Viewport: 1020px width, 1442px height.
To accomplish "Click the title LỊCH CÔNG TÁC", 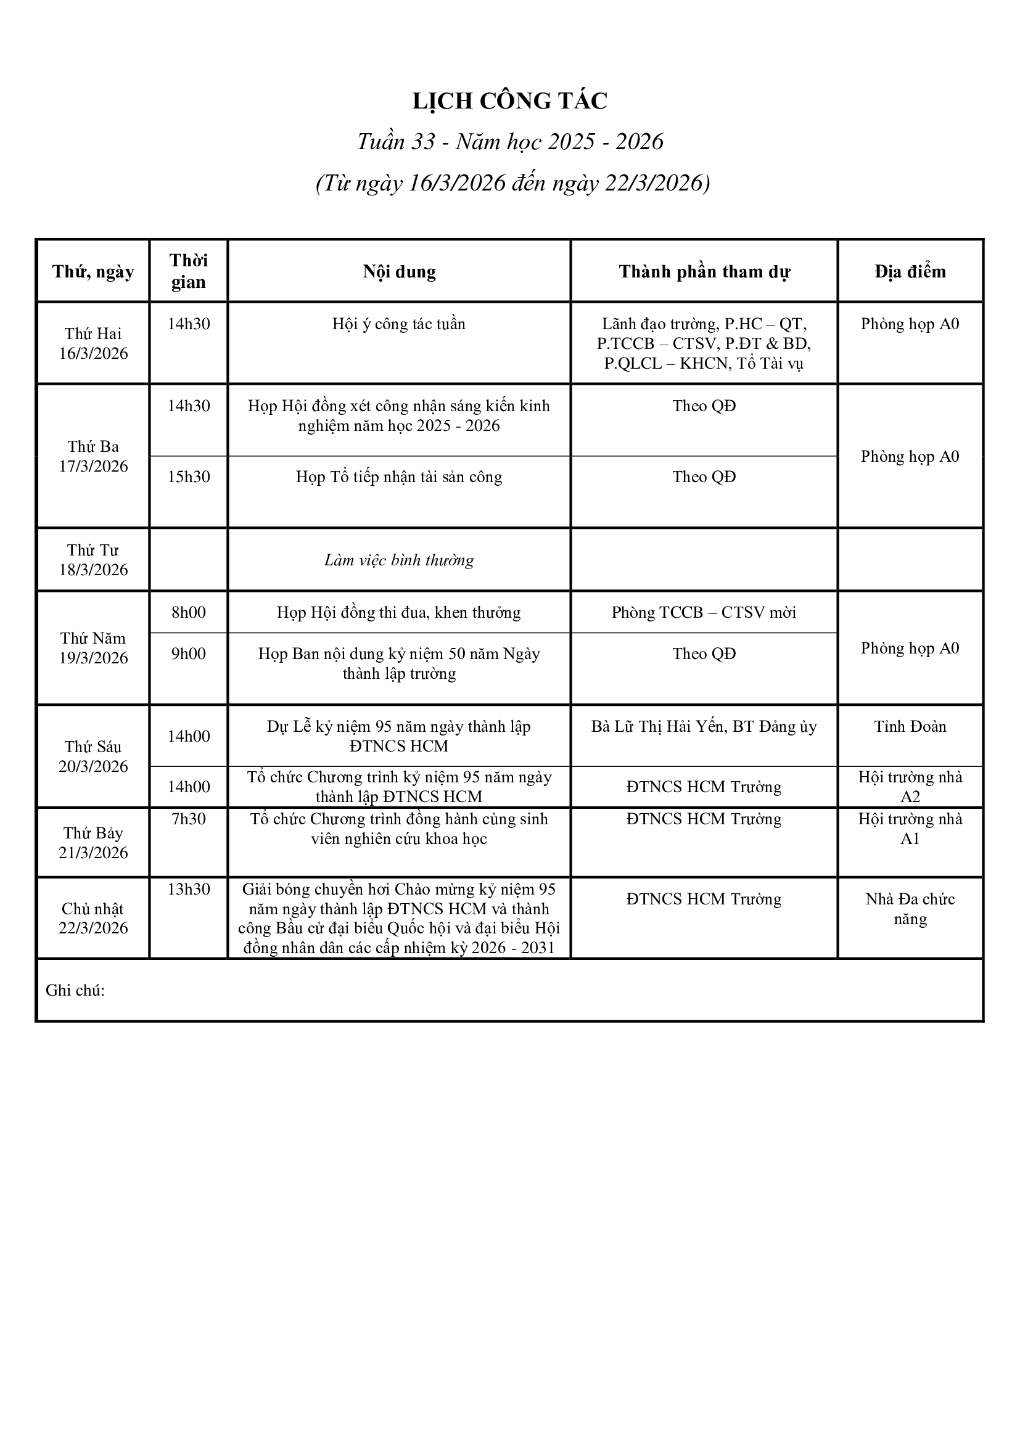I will (x=509, y=101).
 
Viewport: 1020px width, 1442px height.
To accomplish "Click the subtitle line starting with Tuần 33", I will (x=509, y=142).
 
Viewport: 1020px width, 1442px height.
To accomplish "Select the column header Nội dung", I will (x=399, y=271).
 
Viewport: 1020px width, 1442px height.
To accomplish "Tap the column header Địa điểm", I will (x=910, y=271).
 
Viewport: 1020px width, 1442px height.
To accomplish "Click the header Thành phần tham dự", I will (x=704, y=271).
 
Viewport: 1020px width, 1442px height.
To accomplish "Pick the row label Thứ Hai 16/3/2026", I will (x=93, y=343).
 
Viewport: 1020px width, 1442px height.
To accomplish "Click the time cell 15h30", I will (x=189, y=477).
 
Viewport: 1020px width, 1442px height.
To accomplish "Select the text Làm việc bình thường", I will (x=399, y=560).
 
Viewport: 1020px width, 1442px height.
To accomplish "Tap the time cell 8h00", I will (x=189, y=612).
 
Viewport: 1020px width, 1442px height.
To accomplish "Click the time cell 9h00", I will (x=189, y=653).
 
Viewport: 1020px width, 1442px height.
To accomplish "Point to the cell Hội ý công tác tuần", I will (x=399, y=324).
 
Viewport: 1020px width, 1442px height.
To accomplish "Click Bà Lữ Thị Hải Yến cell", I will (x=704, y=727).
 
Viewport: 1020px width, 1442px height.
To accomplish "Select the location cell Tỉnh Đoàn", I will (x=910, y=727).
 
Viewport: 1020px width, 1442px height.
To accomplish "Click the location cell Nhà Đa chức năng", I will (x=910, y=909).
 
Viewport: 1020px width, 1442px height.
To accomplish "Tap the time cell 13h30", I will (x=189, y=890).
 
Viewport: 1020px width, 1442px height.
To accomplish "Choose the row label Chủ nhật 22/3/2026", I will (x=93, y=918).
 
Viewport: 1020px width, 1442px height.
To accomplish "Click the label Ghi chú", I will (x=75, y=991).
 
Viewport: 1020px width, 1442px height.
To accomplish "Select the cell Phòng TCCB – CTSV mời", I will (x=704, y=612).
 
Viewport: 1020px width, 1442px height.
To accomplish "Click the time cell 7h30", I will (x=189, y=819).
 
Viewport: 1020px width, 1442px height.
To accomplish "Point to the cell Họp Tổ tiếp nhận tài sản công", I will (x=399, y=477).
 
